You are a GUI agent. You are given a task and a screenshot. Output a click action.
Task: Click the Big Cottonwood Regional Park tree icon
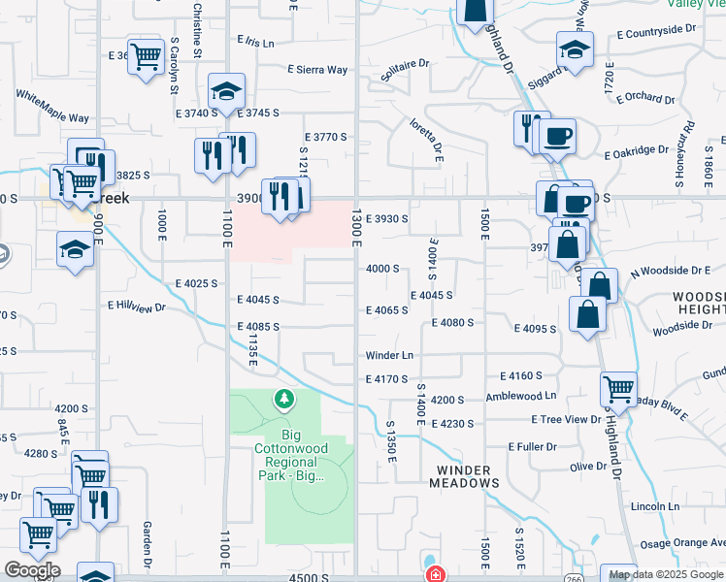point(283,399)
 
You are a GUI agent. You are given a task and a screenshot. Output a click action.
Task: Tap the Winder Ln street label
point(389,356)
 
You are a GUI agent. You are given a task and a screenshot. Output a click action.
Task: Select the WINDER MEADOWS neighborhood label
point(464,476)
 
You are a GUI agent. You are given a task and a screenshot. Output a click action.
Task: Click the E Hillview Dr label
point(137,307)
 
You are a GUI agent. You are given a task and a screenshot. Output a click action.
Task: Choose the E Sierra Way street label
point(316,70)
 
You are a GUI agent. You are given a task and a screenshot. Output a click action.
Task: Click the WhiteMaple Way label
point(51,106)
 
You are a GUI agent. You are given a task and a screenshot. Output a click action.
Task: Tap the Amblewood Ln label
point(521,396)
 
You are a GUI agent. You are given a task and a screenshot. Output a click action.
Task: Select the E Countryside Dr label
point(657,33)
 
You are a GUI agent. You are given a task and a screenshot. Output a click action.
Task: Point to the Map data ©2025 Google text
point(667,574)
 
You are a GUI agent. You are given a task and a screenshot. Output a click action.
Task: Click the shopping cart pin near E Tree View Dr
point(618,389)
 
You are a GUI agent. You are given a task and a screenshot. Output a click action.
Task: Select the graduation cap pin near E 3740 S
point(226,92)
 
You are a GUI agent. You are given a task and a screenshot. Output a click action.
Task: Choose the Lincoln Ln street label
point(654,506)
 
